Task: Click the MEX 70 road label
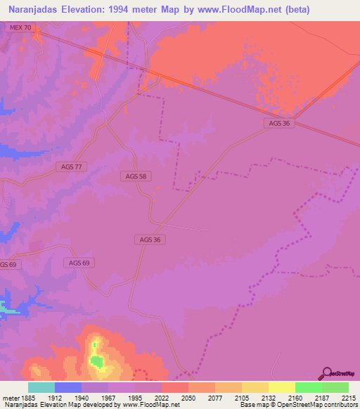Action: (x=21, y=27)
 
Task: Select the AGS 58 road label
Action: (x=134, y=176)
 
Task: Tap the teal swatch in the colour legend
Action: (x=41, y=387)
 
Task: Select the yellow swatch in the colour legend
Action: (x=281, y=387)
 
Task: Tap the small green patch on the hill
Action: (x=96, y=362)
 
